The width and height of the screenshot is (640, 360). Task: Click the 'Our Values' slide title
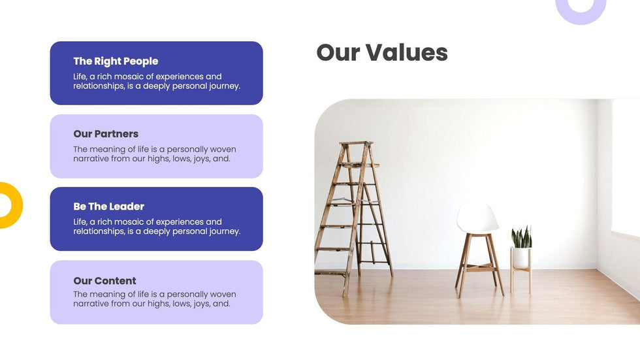(382, 53)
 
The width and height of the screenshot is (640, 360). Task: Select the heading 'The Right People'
(116, 61)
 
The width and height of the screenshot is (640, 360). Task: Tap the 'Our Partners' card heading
(106, 134)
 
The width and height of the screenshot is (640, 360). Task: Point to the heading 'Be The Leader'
(109, 206)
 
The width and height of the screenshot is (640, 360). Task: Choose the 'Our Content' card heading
(105, 281)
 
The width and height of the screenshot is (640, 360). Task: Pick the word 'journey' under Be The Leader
(224, 232)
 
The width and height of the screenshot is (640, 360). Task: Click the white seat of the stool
(477, 218)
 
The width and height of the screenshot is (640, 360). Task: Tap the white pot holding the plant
(521, 257)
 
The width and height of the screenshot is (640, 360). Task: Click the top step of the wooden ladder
(357, 143)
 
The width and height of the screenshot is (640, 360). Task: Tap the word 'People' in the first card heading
(141, 61)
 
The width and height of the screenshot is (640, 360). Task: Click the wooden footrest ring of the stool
(481, 268)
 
